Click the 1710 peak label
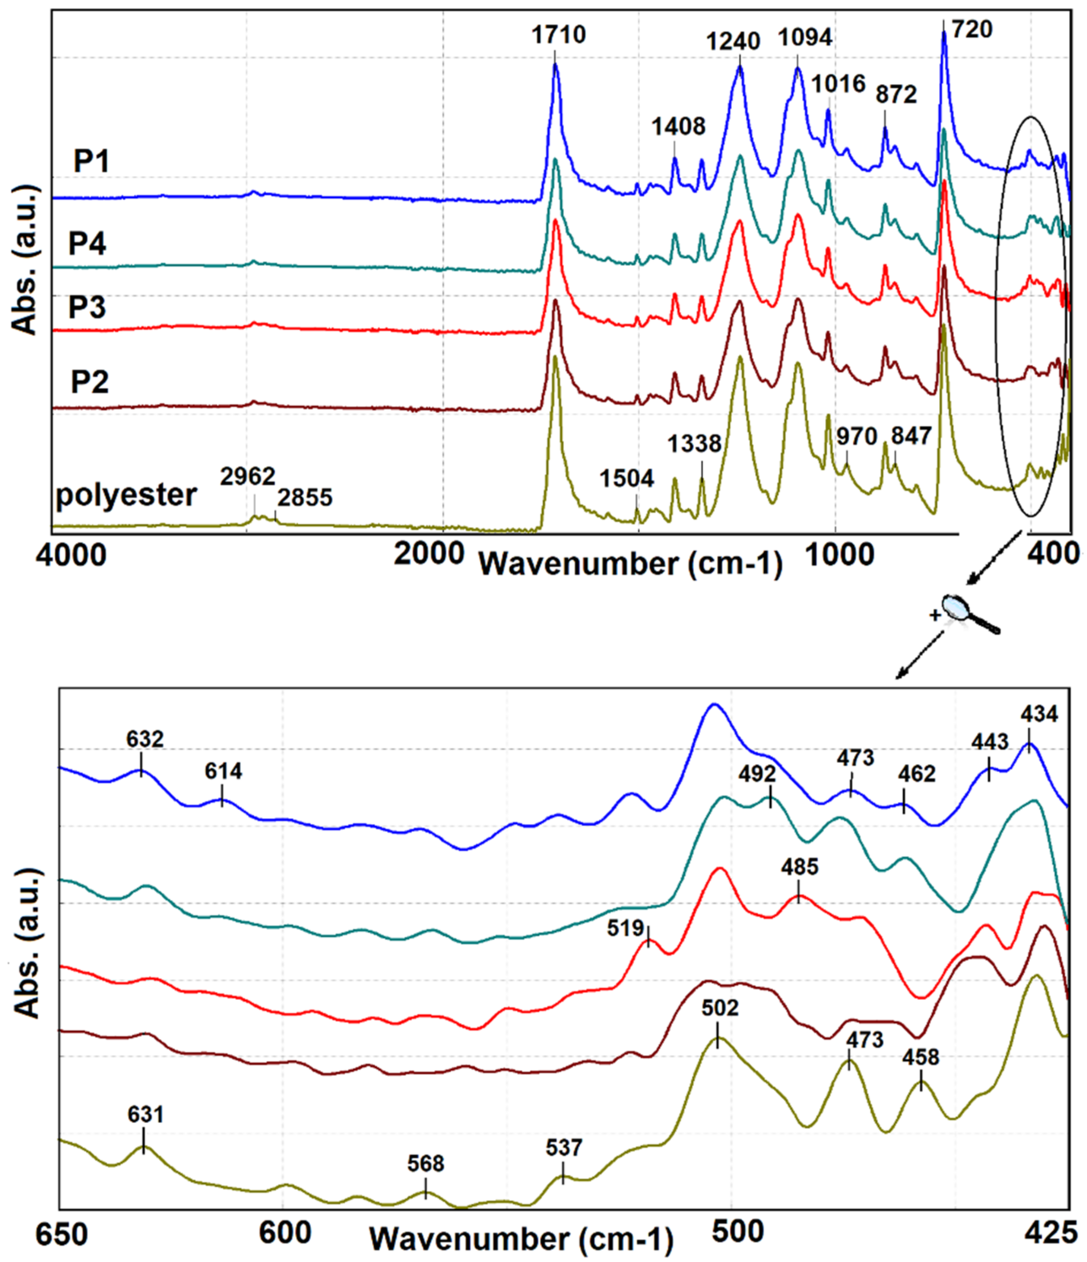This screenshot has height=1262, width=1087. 558,35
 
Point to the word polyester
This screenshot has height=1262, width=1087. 126,495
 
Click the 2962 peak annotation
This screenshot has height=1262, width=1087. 248,476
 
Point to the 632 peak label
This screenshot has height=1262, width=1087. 145,739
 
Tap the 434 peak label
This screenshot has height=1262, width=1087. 1039,713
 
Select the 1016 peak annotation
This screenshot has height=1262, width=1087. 838,84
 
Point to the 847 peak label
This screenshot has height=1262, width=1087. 911,435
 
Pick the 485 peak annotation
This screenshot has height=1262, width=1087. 800,867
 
